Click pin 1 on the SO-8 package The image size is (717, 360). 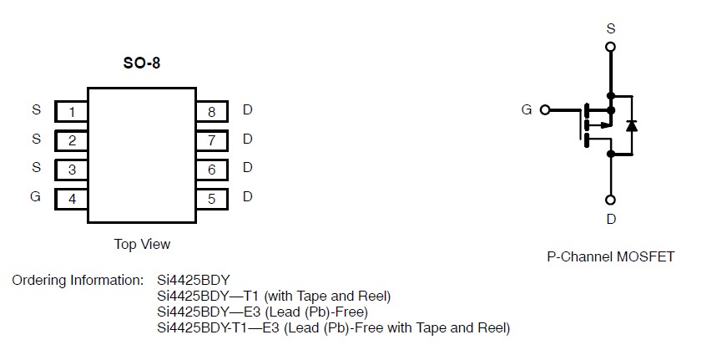(72, 112)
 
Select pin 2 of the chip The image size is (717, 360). (72, 140)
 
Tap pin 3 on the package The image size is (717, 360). (72, 170)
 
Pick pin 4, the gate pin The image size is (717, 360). (72, 199)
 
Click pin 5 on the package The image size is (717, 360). (212, 199)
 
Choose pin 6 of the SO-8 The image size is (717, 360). (212, 170)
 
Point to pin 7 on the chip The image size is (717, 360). (212, 140)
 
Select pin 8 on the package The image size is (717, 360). (212, 112)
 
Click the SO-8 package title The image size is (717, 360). (141, 64)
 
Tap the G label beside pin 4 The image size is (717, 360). (35, 198)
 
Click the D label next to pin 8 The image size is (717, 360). (247, 110)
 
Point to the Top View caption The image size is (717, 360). (142, 244)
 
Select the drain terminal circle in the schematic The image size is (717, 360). (610, 200)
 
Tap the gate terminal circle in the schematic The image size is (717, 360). (546, 109)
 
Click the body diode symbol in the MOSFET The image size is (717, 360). (632, 125)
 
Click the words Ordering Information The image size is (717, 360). (78, 280)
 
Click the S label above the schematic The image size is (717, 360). (610, 28)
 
